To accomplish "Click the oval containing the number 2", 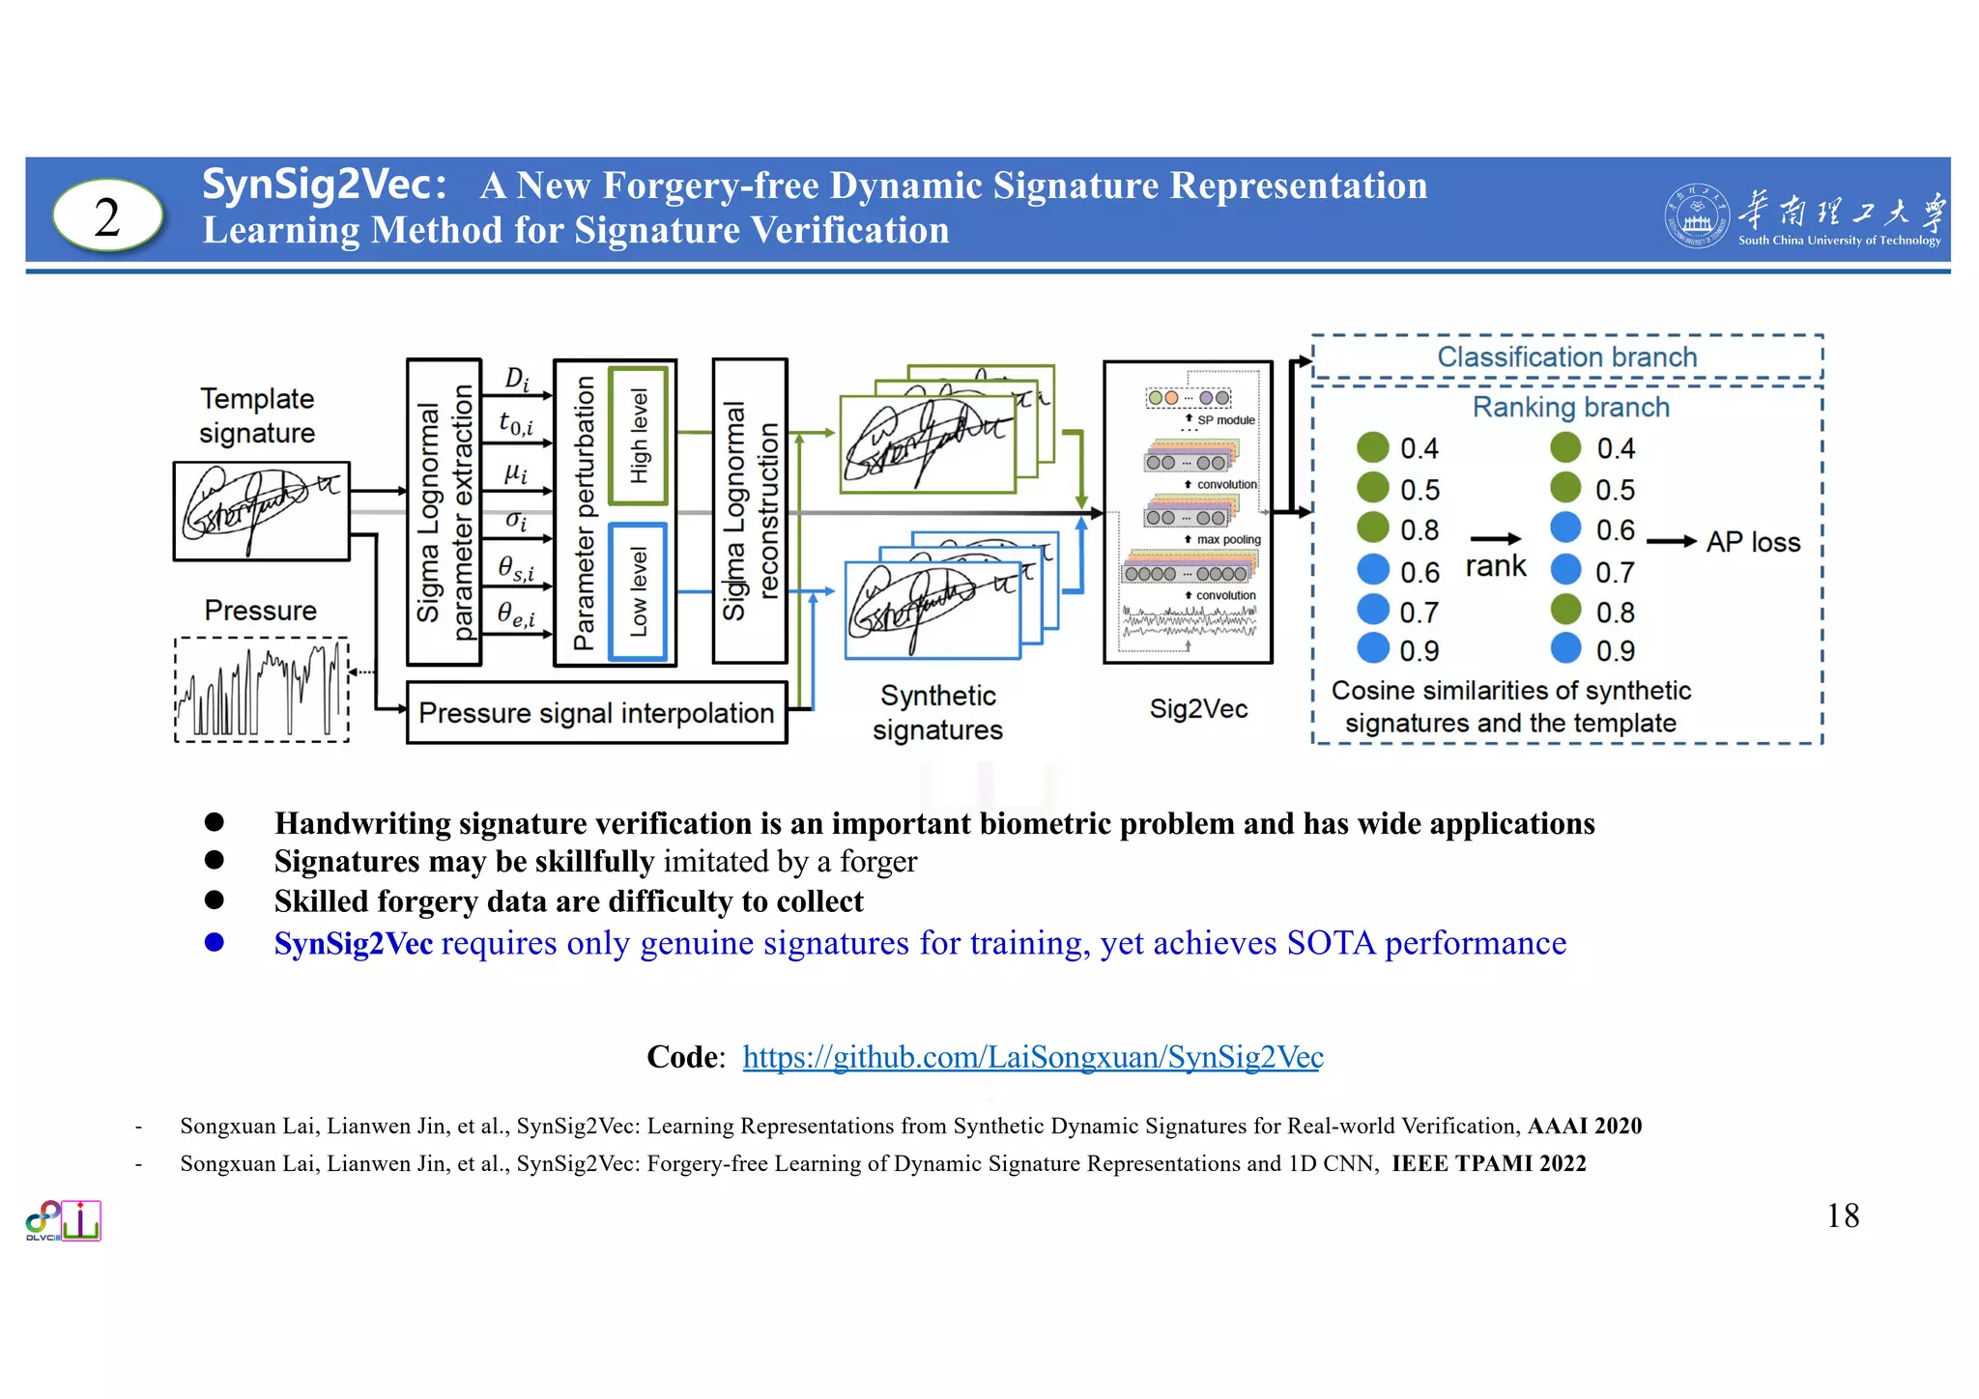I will coord(107,215).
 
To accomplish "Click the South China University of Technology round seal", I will coord(1696,215).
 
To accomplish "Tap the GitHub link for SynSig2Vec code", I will coord(1032,1057).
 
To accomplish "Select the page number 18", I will coord(1842,1215).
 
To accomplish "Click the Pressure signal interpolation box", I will coord(596,713).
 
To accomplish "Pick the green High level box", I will coord(638,436).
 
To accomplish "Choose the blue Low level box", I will coord(638,591).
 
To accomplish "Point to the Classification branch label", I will coord(1566,357).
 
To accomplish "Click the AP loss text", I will coord(1753,542).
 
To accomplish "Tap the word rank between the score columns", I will coord(1495,566).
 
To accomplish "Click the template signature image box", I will coord(261,511).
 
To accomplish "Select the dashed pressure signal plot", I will coord(261,690).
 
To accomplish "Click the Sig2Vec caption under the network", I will coord(1197,709).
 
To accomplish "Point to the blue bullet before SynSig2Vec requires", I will coord(215,942).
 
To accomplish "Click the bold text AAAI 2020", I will coord(1584,1126).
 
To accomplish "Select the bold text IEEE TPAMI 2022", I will coord(1488,1163).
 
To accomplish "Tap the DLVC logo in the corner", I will coord(63,1221).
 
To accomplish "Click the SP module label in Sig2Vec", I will coord(1225,420).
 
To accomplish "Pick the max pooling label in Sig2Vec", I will coord(1228,539).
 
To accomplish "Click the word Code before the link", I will coord(682,1057).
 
